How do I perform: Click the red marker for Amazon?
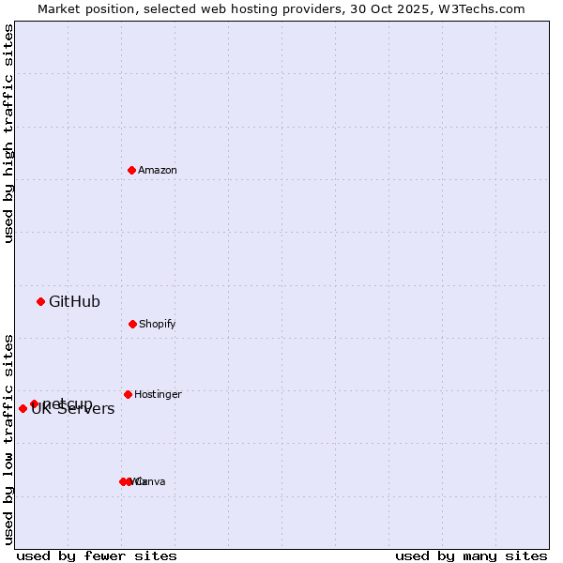coord(132,170)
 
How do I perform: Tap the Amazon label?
coord(158,171)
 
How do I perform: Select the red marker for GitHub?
coord(41,301)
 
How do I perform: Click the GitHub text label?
coord(74,302)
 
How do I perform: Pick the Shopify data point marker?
coord(132,324)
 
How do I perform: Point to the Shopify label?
coord(158,325)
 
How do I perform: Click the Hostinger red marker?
coord(128,394)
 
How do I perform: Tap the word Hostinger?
coord(158,395)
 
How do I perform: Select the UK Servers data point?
coord(23,408)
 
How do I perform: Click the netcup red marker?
coord(34,403)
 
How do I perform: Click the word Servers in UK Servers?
coord(86,410)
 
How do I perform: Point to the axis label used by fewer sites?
coord(97,555)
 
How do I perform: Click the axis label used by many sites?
coord(471,555)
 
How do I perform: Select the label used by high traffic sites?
coord(8,133)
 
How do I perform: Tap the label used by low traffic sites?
coord(8,439)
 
